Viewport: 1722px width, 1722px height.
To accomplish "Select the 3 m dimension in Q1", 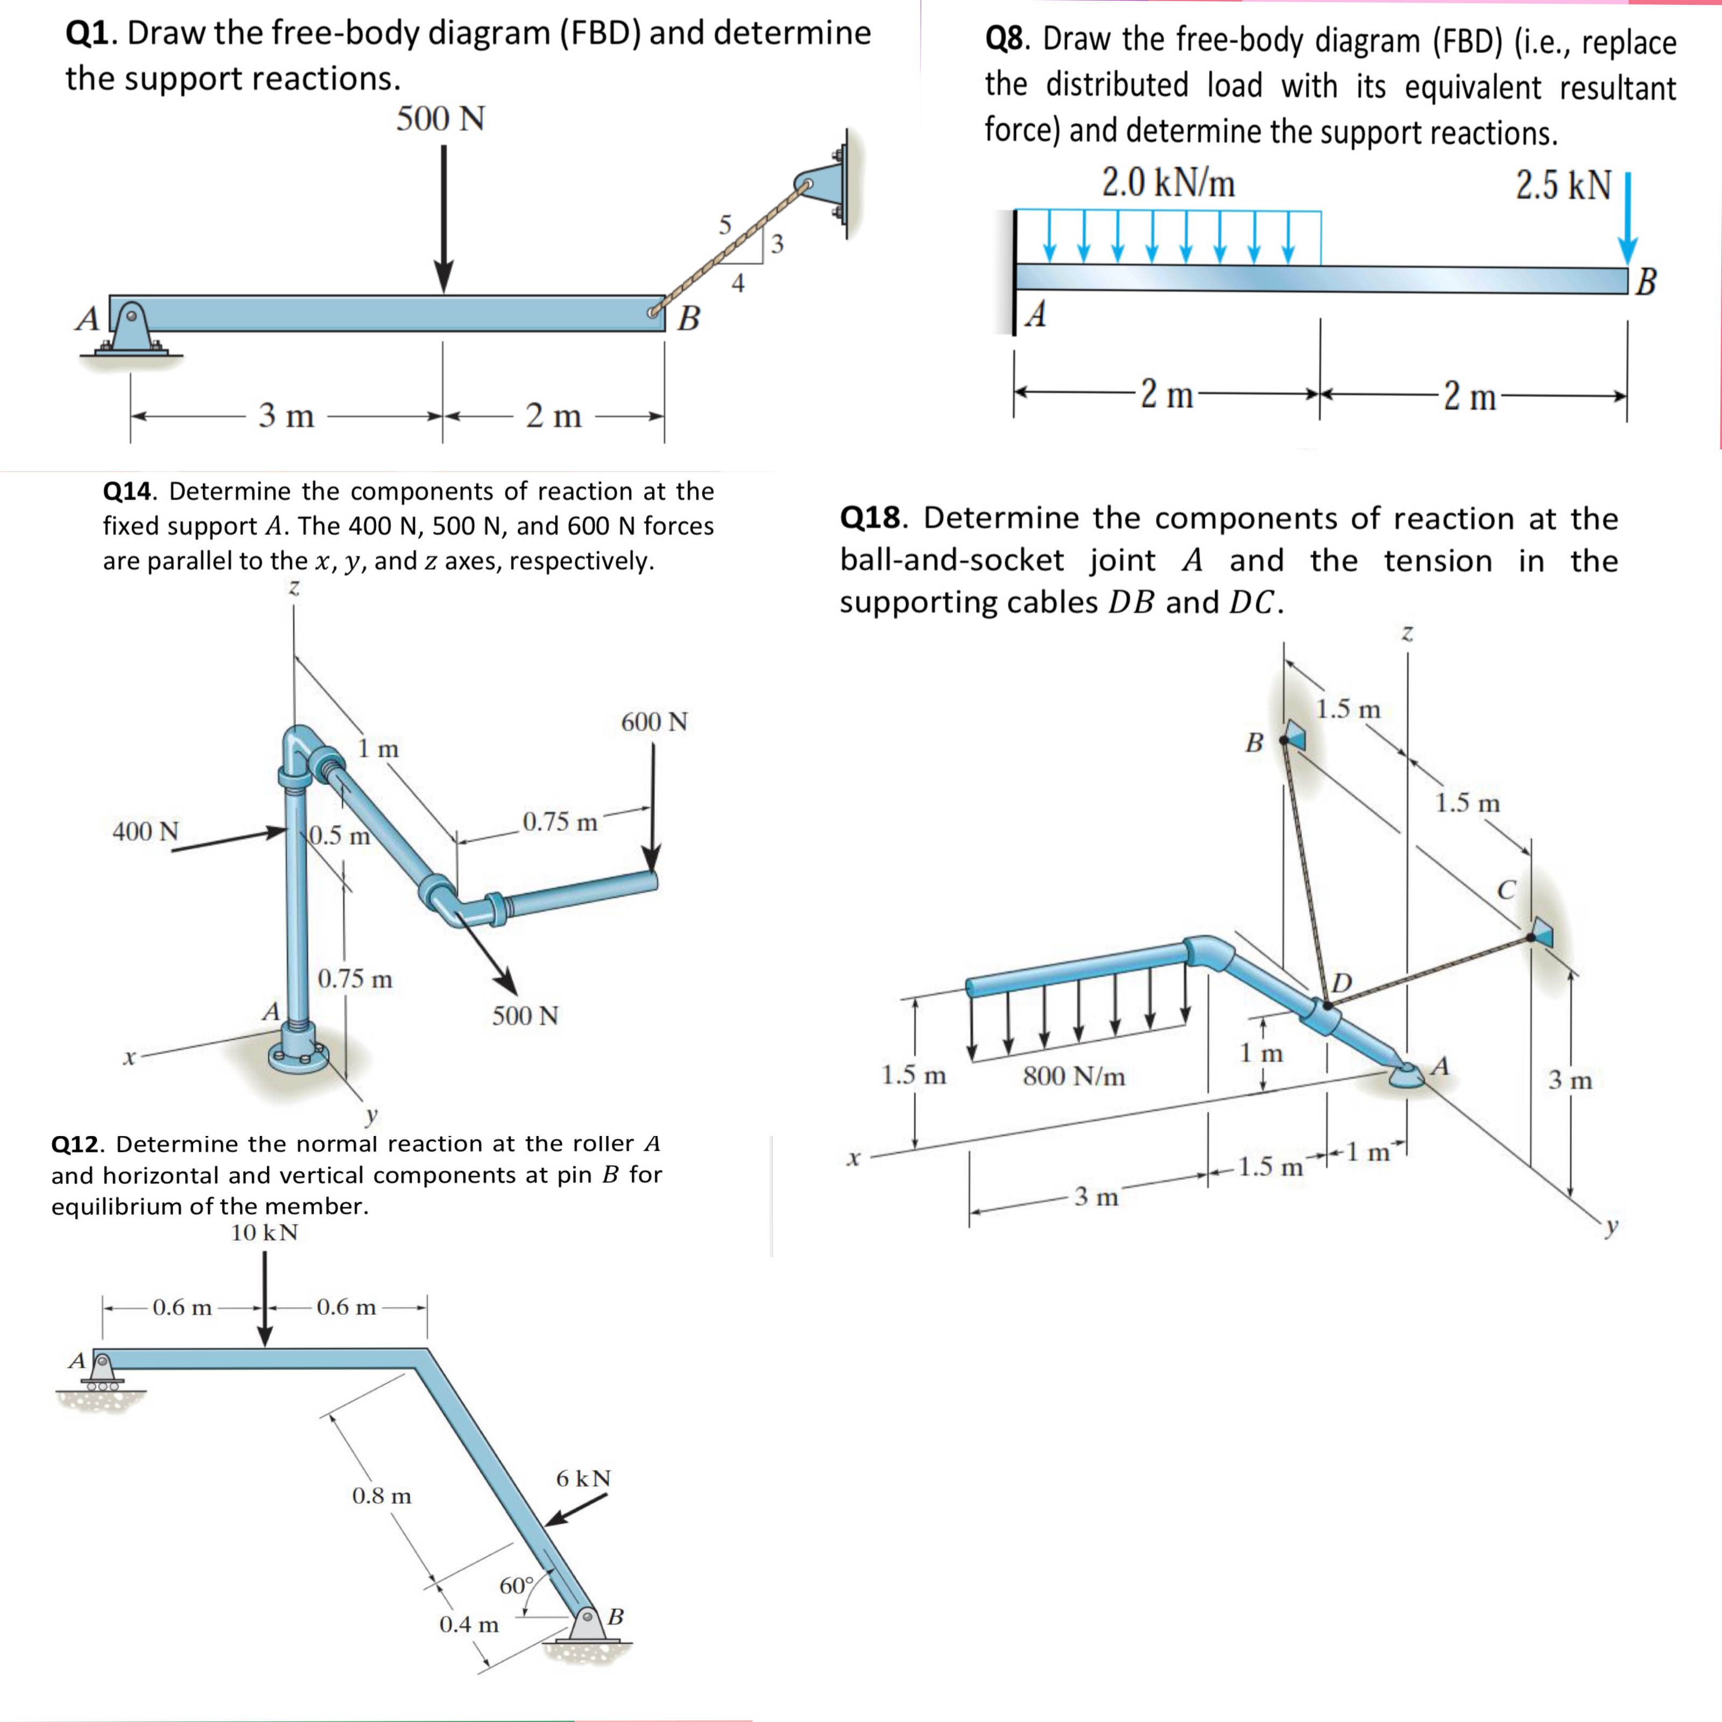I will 286,415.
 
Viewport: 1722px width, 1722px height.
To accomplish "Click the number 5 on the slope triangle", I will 725,224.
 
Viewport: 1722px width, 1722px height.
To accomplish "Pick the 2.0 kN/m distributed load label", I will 1168,184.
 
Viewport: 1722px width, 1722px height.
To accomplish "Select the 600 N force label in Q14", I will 654,722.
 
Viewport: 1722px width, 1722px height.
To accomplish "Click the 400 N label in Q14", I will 145,831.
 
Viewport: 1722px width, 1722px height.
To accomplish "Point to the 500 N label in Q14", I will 525,1016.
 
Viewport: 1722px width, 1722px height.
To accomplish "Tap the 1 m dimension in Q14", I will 378,749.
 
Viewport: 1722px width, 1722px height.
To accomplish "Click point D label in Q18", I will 1342,982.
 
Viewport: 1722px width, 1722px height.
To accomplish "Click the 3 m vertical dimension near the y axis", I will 1570,1080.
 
